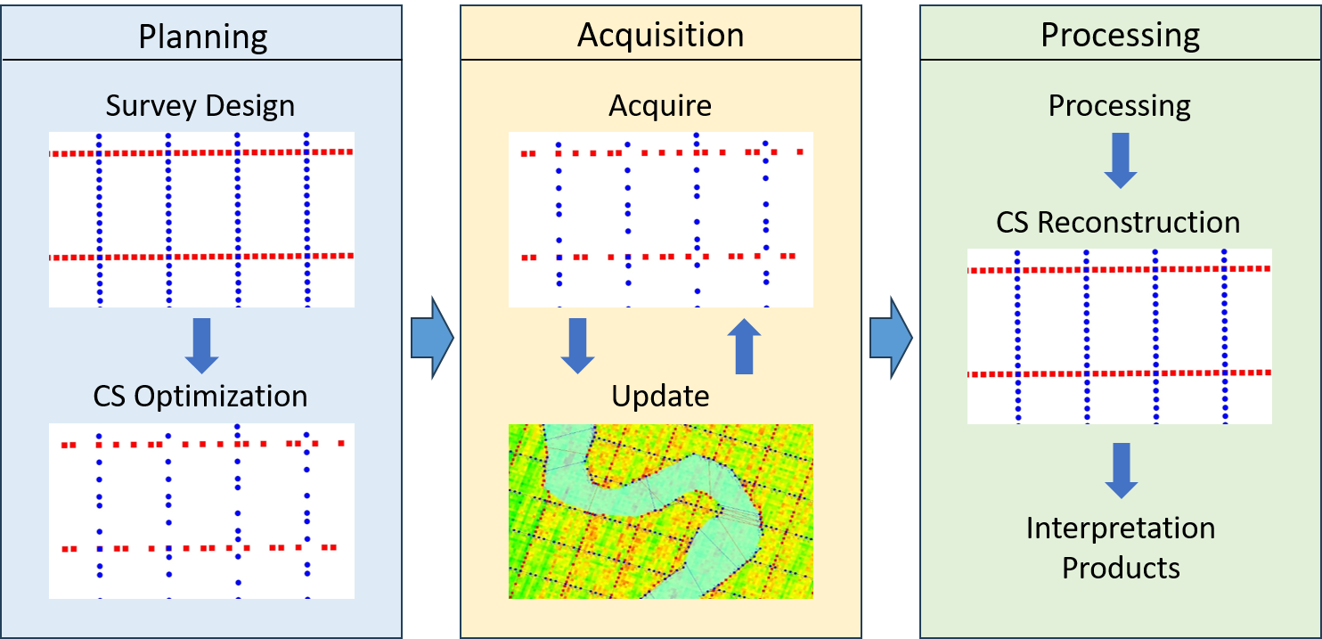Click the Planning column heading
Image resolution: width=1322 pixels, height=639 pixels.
tap(203, 37)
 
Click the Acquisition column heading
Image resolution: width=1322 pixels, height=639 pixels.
tap(660, 35)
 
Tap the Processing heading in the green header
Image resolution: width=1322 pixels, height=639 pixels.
tap(1120, 36)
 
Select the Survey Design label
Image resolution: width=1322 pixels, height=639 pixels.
tap(200, 106)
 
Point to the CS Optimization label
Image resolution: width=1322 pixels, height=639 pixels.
tap(200, 396)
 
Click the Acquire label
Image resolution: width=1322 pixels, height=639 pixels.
tap(660, 106)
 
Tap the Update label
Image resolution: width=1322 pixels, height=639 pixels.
tap(660, 396)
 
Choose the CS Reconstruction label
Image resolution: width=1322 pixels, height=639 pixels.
tap(1118, 222)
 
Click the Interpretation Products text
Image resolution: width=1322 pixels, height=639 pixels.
tap(1120, 547)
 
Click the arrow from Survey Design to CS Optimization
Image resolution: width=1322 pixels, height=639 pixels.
tap(202, 346)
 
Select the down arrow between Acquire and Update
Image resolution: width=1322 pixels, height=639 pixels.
tap(577, 346)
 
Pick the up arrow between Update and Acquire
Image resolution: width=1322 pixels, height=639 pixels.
tap(744, 348)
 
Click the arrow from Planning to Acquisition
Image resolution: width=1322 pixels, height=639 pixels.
tap(432, 338)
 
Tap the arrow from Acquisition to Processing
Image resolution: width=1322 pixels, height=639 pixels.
tap(890, 338)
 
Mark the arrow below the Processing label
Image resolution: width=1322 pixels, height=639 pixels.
tap(1121, 160)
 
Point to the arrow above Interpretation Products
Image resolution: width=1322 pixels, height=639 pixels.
tap(1121, 471)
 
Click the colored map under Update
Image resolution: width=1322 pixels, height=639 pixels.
tap(660, 511)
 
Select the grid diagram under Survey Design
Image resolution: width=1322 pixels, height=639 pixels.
tap(201, 219)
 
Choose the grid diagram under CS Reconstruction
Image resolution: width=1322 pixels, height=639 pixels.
tap(1120, 335)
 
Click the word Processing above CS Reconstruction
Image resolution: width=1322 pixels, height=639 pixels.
tap(1119, 106)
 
